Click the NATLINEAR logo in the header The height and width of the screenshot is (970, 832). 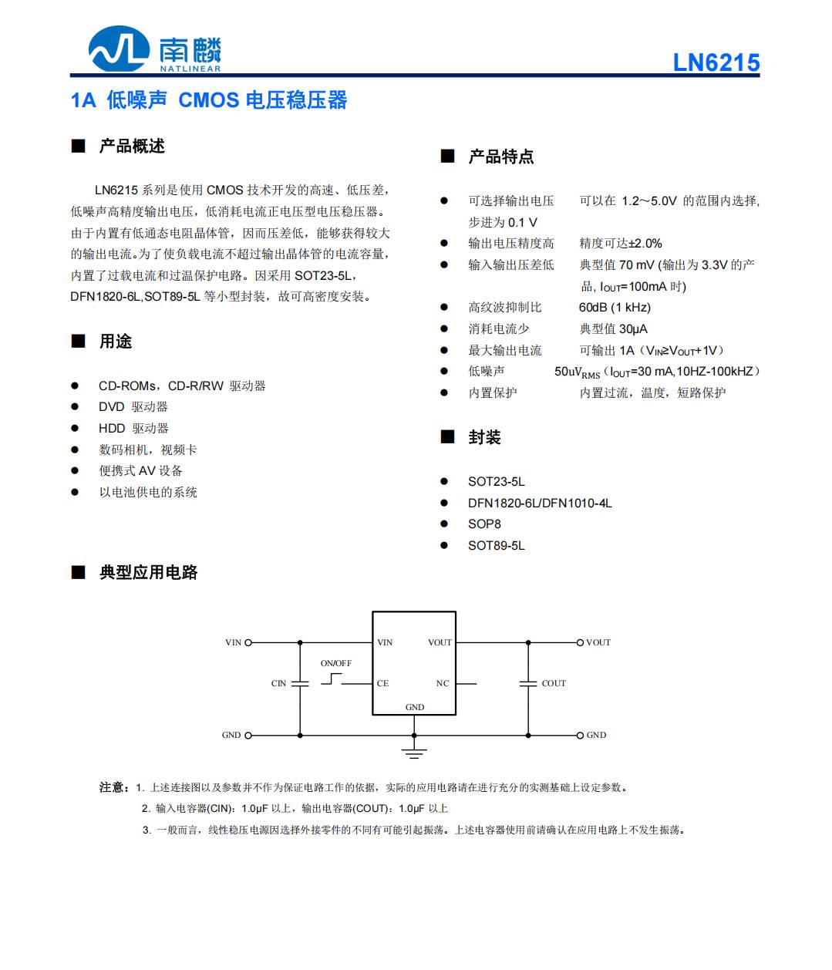pos(154,49)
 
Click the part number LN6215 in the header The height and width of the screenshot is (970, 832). pos(716,62)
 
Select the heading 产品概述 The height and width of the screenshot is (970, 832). pos(132,147)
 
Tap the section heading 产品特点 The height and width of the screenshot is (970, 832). pos(500,157)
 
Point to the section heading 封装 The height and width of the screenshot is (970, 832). pos(484,438)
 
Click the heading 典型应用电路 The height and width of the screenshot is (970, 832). pos(148,572)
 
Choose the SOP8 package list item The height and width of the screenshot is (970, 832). pos(484,524)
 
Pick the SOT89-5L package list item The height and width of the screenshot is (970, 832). pos(496,546)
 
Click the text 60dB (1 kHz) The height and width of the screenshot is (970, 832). pos(615,308)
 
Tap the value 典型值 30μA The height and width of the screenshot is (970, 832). pos(613,329)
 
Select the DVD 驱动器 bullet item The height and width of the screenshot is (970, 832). pos(133,407)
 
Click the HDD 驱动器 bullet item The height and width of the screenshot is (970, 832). pos(133,429)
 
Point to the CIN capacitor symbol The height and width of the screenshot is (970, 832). pos(300,683)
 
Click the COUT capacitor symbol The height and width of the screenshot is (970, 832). pos(528,683)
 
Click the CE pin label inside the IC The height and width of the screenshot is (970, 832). pos(382,683)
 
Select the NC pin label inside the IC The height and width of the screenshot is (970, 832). pos(442,683)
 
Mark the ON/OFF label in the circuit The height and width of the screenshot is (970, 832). pos(335,663)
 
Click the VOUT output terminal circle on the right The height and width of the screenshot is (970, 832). pos(581,642)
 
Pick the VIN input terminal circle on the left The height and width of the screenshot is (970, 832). pos(248,642)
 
